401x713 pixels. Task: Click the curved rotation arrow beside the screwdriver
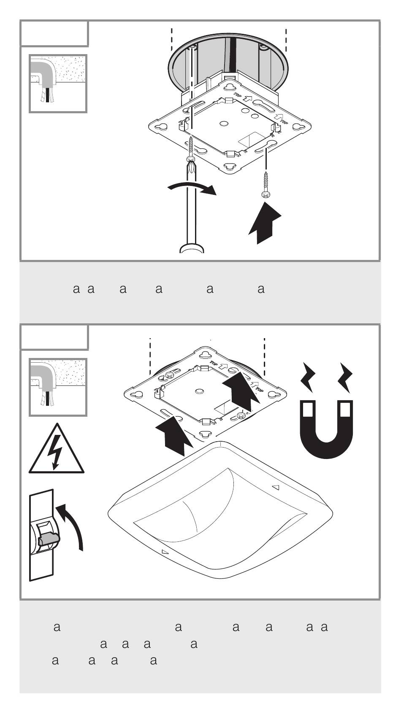click(192, 188)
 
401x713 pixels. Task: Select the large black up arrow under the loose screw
click(265, 222)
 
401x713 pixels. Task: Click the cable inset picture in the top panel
click(58, 83)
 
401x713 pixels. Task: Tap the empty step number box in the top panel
click(54, 33)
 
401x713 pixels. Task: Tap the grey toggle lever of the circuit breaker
click(49, 539)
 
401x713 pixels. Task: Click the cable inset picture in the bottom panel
click(58, 387)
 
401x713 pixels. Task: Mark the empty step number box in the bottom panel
click(54, 337)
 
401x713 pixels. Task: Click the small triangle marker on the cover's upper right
click(276, 487)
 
